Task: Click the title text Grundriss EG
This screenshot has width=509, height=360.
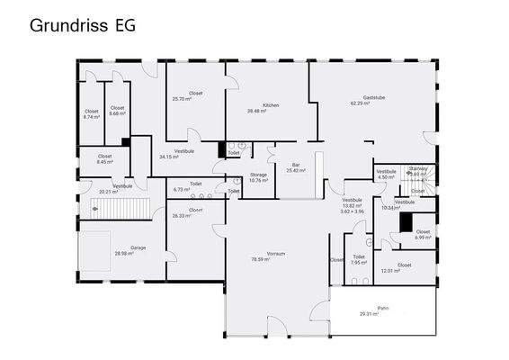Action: (x=83, y=25)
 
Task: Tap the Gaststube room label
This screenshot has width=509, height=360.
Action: (x=373, y=97)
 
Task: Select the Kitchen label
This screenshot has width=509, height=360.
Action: (x=271, y=105)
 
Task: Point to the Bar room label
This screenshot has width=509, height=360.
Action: (x=295, y=165)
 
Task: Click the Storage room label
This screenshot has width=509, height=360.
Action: (x=258, y=175)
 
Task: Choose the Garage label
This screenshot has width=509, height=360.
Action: (x=138, y=247)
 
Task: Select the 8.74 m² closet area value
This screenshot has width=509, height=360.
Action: (x=92, y=117)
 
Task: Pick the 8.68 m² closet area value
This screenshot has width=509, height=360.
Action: (x=117, y=113)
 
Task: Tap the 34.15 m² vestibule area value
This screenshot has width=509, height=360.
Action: (x=170, y=157)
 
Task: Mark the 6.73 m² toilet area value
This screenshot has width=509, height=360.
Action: (x=183, y=190)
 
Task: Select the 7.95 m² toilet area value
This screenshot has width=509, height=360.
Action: (x=358, y=263)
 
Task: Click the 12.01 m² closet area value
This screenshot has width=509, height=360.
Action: (x=391, y=271)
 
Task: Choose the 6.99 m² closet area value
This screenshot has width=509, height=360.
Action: (x=423, y=238)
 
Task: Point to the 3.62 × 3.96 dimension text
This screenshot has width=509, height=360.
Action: (x=351, y=211)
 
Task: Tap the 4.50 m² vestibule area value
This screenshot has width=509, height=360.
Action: (x=386, y=177)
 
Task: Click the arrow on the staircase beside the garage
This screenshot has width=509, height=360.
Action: (x=94, y=207)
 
